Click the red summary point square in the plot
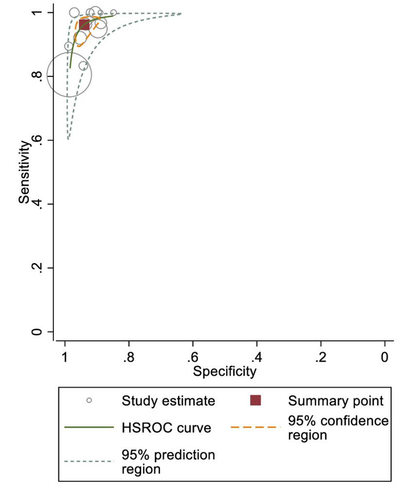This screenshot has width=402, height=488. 84,24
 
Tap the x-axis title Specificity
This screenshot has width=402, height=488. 224,372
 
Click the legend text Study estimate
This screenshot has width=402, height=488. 168,401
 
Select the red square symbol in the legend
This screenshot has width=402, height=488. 255,400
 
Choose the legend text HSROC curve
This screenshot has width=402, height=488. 166,428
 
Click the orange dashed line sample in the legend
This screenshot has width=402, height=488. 255,427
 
